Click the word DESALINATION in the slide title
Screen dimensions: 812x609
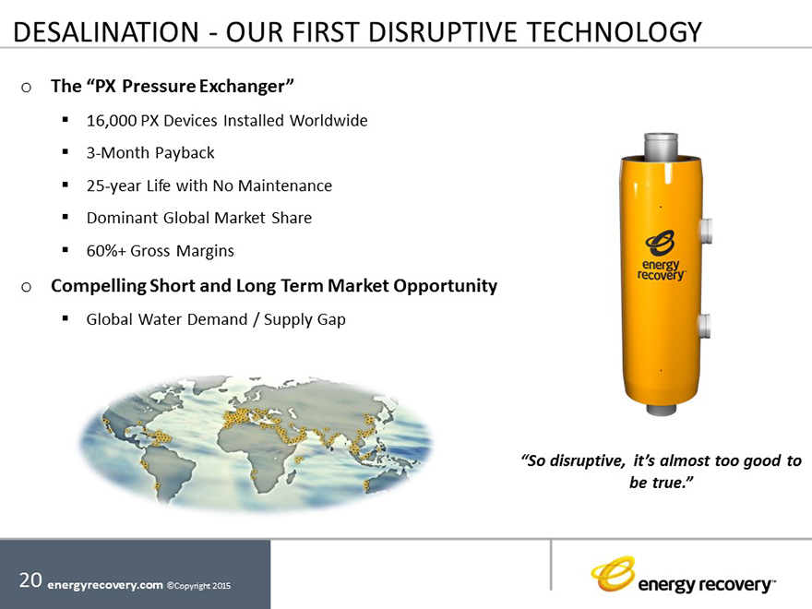click(x=105, y=31)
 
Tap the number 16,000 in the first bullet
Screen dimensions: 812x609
click(x=112, y=121)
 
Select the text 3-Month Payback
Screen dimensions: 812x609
click(x=150, y=153)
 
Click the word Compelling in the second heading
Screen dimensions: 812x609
click(x=99, y=286)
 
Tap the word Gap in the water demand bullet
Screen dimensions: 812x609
click(x=331, y=319)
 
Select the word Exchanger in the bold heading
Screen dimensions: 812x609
click(x=243, y=86)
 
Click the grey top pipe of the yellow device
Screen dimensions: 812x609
click(x=661, y=147)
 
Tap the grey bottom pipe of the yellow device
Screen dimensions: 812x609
click(x=662, y=409)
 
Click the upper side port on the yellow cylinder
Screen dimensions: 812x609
click(x=705, y=231)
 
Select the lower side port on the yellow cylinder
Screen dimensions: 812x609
click(x=704, y=327)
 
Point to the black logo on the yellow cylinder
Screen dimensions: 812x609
click(x=661, y=256)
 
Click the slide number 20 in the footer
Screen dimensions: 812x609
click(x=30, y=580)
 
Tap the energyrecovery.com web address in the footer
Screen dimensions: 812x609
click(x=105, y=585)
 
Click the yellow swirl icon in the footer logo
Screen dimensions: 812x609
click(x=613, y=574)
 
